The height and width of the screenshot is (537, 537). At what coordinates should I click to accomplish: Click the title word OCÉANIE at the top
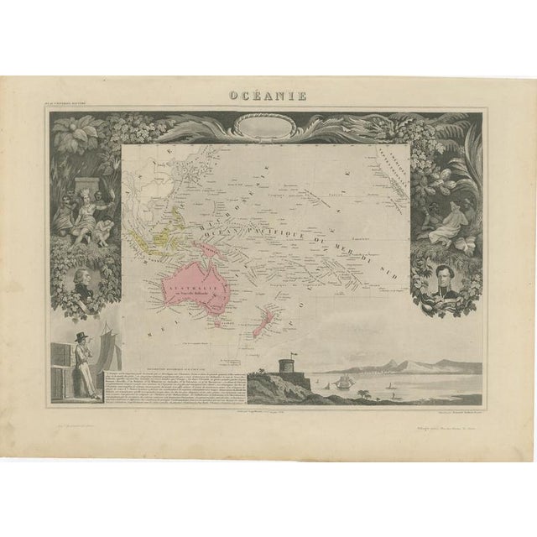pos(269,94)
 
